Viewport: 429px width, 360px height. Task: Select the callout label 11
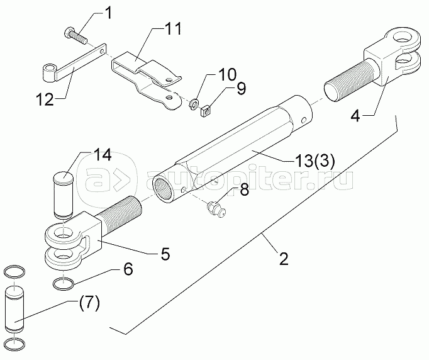pos(173,28)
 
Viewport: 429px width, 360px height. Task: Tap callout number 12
pos(45,99)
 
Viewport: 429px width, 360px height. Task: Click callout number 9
pos(241,88)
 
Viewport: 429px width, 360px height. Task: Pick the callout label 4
pos(355,116)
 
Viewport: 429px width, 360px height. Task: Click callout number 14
pos(103,155)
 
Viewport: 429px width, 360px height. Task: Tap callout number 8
pos(244,189)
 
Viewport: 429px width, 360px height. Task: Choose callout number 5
pos(165,254)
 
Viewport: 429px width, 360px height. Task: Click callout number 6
pos(128,269)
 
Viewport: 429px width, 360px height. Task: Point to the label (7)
pos(89,304)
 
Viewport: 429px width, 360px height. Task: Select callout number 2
pos(284,259)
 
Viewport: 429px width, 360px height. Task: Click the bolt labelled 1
pos(75,37)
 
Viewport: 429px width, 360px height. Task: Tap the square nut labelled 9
pos(206,111)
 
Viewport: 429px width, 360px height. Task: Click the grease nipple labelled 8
pos(216,208)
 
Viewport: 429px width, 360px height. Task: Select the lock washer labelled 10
pos(194,104)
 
